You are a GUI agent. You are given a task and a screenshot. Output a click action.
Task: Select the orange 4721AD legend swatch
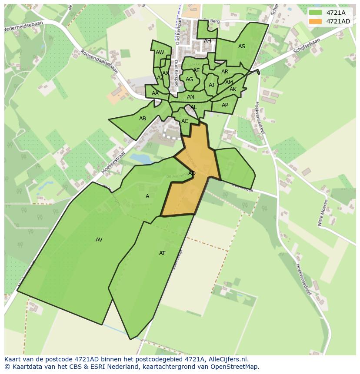(315, 21)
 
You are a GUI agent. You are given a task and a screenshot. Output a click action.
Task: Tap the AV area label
(99, 240)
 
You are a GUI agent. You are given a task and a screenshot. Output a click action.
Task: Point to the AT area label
(162, 253)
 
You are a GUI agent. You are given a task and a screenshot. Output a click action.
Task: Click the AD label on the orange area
(192, 173)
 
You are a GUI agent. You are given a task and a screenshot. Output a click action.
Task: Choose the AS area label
(242, 46)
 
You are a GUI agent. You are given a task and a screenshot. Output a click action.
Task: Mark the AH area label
(207, 41)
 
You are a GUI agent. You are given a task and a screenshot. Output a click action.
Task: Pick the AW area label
(160, 53)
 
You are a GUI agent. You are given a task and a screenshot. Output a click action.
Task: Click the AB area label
(143, 119)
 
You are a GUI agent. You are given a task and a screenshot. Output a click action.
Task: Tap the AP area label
(225, 105)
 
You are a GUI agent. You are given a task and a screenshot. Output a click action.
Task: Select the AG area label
(189, 79)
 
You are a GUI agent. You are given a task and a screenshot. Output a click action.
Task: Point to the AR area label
(225, 72)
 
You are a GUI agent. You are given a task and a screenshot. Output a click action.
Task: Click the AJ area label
(211, 85)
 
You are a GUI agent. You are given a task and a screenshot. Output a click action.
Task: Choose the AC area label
(185, 121)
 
